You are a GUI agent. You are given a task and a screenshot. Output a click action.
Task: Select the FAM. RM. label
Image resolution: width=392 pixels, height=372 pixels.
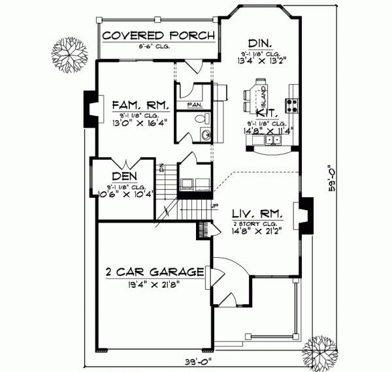click(x=140, y=105)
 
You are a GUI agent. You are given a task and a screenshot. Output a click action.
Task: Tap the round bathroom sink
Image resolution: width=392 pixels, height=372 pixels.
click(x=204, y=135)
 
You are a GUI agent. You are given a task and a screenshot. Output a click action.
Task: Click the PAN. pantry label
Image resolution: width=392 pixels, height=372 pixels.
click(x=194, y=104)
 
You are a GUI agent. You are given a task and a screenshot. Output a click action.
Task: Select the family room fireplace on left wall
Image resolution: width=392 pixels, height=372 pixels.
click(x=90, y=110)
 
